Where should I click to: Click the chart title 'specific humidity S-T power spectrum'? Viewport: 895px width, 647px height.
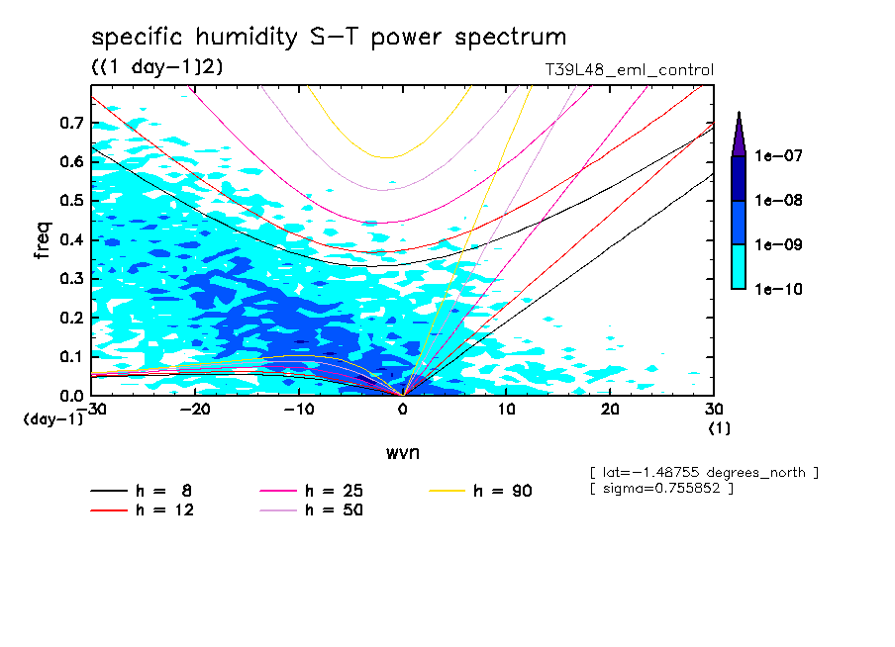tap(329, 38)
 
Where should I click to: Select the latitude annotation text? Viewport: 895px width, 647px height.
tap(703, 472)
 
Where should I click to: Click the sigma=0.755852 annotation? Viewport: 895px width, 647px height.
tap(660, 489)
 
